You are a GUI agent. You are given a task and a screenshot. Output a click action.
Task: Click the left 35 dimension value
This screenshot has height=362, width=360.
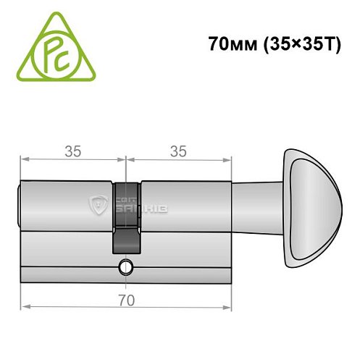tap(72, 151)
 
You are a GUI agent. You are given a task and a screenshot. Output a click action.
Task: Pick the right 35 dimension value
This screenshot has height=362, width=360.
tap(177, 151)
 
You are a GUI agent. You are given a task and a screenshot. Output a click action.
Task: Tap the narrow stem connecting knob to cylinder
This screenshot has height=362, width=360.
tap(257, 206)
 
